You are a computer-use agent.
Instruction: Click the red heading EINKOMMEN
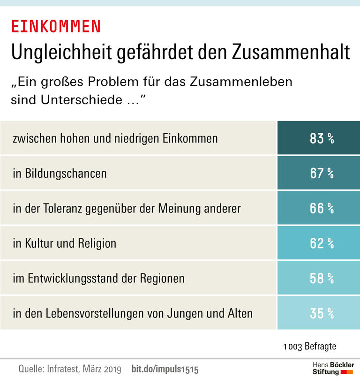click(56, 27)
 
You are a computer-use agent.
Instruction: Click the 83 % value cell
click(319, 138)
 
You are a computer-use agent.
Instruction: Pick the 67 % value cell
click(319, 173)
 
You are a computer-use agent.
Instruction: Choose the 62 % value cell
click(319, 243)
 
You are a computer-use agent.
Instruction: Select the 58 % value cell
click(319, 278)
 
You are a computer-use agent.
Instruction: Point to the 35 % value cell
click(319, 313)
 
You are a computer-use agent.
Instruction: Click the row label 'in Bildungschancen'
click(60, 174)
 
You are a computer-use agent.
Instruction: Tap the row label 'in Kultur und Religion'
click(65, 243)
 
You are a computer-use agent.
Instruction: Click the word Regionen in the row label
click(161, 279)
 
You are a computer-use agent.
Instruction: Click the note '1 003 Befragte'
click(310, 347)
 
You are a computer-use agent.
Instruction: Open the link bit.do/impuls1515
click(165, 369)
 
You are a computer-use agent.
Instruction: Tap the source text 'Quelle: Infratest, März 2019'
click(70, 369)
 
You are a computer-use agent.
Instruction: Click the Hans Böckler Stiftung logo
click(333, 368)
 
